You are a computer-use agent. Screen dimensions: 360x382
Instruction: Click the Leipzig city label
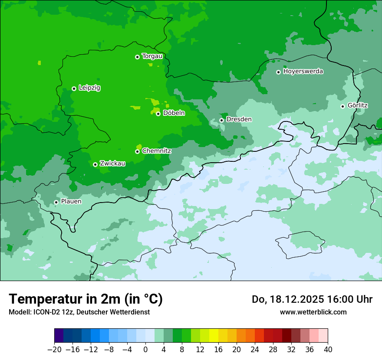[89, 88]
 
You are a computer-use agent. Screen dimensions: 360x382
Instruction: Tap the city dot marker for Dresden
[221, 120]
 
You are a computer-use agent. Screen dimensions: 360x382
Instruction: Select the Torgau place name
[152, 56]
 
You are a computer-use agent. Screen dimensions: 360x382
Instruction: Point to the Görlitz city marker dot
[342, 106]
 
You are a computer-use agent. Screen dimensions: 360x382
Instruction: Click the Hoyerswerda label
[303, 72]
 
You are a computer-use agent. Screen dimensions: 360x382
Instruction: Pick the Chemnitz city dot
[137, 151]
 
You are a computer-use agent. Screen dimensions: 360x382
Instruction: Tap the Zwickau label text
[112, 164]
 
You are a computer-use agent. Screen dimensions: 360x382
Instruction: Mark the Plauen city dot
[56, 202]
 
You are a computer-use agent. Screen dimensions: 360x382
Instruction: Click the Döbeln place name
[174, 113]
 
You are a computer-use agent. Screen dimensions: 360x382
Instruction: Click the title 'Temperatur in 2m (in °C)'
[86, 299]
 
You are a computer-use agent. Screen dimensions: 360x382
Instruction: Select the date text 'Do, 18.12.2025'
[287, 299]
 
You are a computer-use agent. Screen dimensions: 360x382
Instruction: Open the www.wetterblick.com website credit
[313, 312]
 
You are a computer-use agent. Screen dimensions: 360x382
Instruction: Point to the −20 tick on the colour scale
[54, 350]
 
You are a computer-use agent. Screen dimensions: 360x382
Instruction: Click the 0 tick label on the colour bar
[145, 350]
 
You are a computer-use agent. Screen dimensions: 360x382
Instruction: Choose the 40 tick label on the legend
[328, 350]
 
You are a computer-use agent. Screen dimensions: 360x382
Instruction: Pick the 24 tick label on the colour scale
[255, 350]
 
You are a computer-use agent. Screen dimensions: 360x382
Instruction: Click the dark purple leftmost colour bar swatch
[59, 336]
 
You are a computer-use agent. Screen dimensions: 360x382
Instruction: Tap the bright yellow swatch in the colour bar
[214, 336]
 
